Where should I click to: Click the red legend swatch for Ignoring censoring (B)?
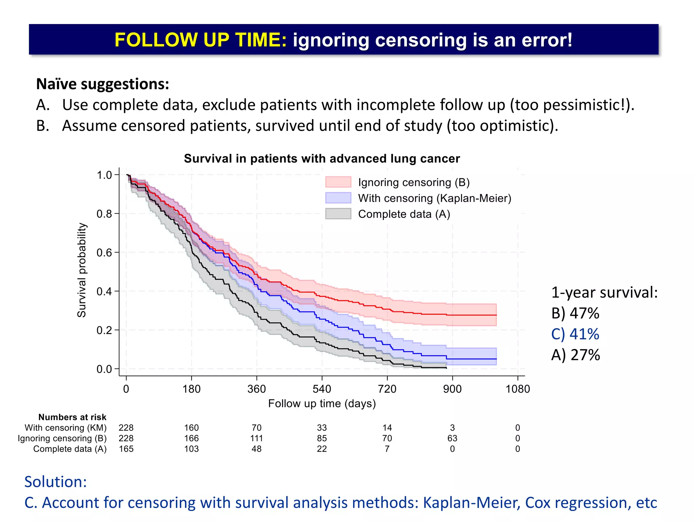[x=338, y=182]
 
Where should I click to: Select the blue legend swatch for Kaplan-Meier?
[x=338, y=198]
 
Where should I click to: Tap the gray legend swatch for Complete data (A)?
[x=338, y=214]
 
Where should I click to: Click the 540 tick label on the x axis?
[x=322, y=389]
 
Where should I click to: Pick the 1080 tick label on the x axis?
[x=517, y=389]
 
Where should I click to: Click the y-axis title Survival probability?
[x=82, y=270]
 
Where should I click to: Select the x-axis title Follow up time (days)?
[x=322, y=404]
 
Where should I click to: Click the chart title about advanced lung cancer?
[x=322, y=159]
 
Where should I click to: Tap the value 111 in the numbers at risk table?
[x=257, y=438]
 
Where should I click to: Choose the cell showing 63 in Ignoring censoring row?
[x=452, y=438]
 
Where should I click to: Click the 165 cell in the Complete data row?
[x=126, y=449]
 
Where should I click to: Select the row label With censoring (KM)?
[x=65, y=428]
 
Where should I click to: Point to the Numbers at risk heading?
[x=72, y=417]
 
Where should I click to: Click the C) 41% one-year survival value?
[x=575, y=334]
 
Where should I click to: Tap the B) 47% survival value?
[x=575, y=313]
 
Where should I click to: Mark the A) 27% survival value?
[x=575, y=355]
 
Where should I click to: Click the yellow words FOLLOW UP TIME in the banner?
[x=201, y=40]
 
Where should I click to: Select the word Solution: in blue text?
[x=56, y=482]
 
